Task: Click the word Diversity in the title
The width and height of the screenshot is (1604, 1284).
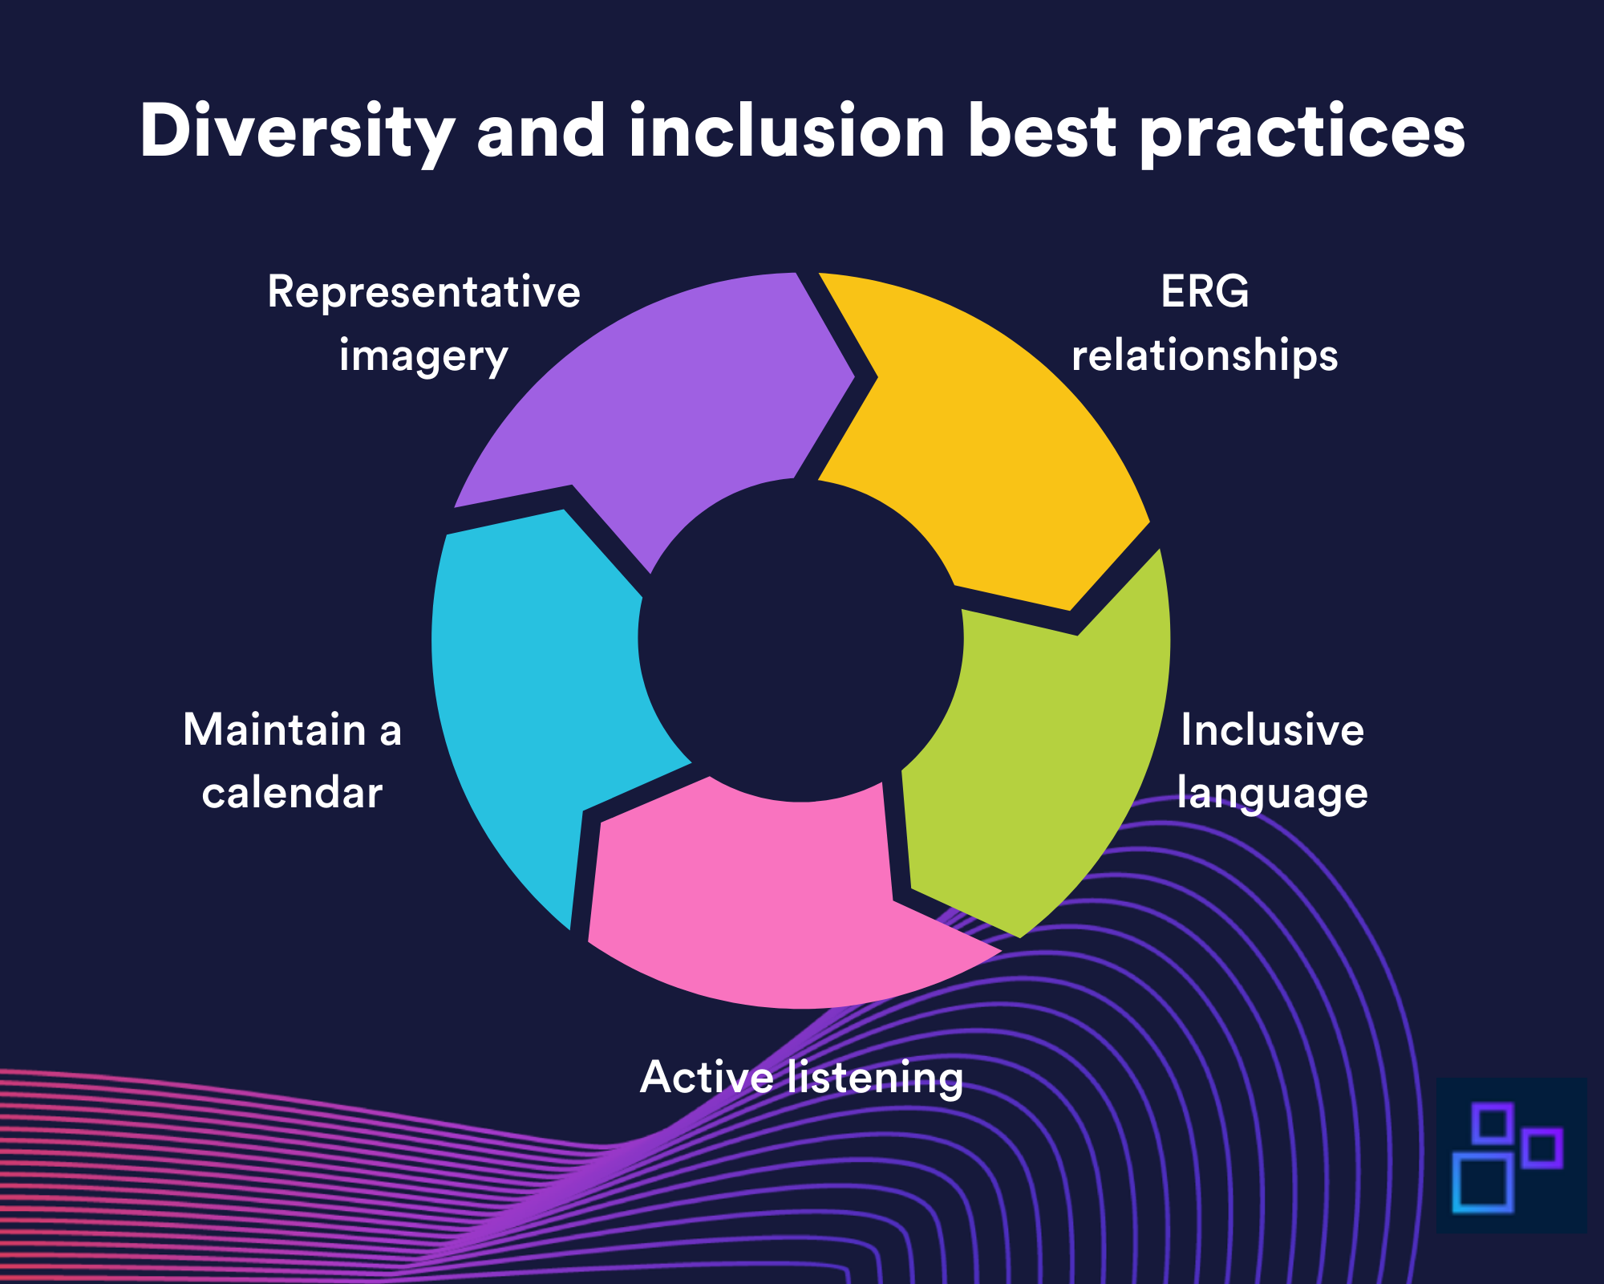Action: (x=297, y=132)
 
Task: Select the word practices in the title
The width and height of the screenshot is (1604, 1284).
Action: (x=1302, y=132)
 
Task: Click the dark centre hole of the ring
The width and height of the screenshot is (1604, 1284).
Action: (x=800, y=639)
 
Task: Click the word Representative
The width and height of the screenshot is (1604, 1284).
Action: (x=423, y=291)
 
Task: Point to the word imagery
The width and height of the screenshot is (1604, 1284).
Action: (x=423, y=356)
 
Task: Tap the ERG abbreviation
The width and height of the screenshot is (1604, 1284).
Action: (x=1205, y=291)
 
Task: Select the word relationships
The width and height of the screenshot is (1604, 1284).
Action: (x=1205, y=355)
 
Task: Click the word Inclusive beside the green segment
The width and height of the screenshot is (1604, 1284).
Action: (x=1272, y=730)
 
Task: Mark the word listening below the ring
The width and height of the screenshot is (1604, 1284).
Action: (x=875, y=1077)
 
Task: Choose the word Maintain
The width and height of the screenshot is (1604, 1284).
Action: (x=274, y=730)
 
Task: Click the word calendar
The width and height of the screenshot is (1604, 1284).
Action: (x=292, y=794)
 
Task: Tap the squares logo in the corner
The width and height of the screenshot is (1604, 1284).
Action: (x=1508, y=1156)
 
